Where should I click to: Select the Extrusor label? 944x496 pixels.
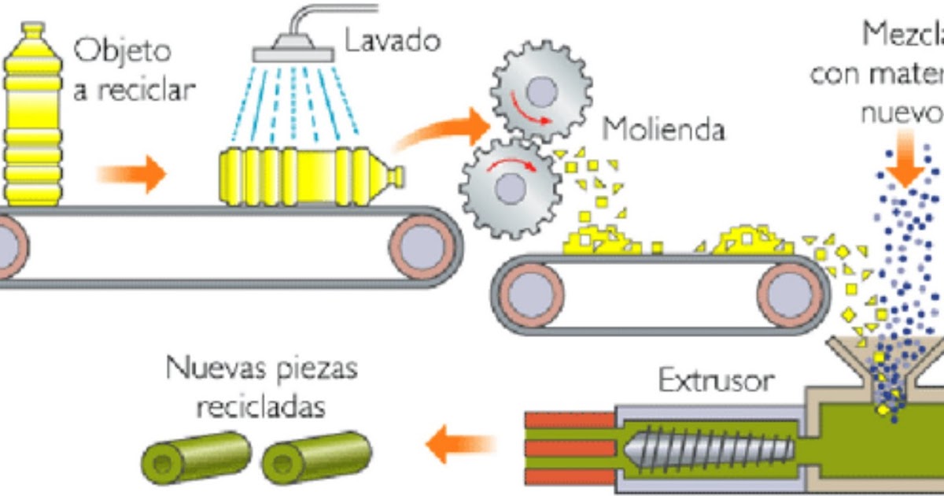coord(715,381)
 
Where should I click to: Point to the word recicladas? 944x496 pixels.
coord(260,408)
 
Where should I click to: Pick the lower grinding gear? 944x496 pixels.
coord(509,187)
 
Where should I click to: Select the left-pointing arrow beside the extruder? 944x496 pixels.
coord(461,445)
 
